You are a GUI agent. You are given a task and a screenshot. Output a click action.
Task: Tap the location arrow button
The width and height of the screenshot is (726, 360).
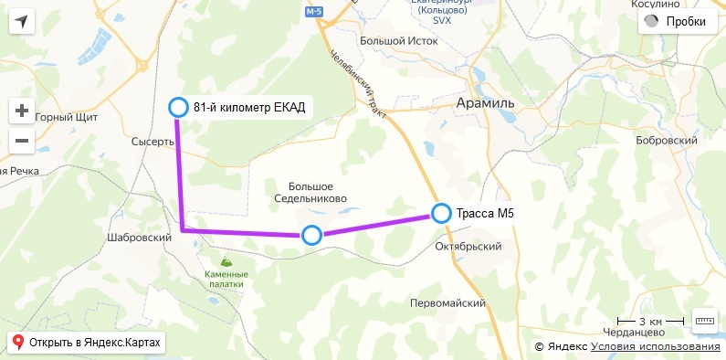pos(22,22)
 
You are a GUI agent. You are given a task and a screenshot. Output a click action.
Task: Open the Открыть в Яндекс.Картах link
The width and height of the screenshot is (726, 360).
pos(87,343)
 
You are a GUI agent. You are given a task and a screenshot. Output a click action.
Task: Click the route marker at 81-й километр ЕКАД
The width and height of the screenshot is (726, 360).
pos(178,108)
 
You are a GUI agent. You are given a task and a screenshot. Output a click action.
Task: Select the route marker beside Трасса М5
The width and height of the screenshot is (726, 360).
pos(442,214)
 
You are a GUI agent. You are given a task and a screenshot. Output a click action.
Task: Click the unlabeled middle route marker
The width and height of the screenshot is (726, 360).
pos(311,236)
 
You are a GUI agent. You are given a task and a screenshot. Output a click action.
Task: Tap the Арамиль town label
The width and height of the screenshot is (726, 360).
pos(485,103)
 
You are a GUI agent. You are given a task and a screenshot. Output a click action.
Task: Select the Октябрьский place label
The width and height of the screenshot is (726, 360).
pos(469,247)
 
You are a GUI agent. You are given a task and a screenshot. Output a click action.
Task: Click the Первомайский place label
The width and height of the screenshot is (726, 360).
pos(447,303)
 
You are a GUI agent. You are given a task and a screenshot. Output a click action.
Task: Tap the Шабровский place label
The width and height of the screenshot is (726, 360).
pos(140,238)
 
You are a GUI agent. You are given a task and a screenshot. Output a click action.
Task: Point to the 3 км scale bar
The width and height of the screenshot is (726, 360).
pos(650,322)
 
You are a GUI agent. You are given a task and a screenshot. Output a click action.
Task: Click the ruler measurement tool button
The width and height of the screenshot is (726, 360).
pos(706,321)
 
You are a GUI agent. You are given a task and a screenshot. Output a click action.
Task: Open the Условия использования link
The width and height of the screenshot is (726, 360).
pos(655,346)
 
